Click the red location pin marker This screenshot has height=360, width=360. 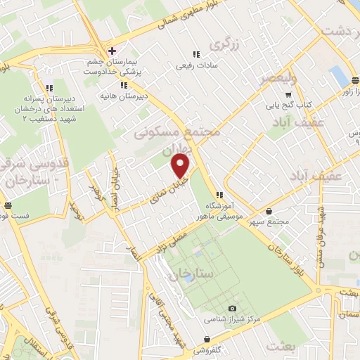coord(181,167)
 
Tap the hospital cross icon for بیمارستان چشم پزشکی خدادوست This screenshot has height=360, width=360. coord(112,51)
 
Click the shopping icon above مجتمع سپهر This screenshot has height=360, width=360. coord(270,211)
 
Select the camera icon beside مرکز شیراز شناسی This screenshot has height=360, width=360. coord(233,308)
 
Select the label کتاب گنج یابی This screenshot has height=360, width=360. coord(288,105)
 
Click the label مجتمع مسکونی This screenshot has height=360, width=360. coord(190,132)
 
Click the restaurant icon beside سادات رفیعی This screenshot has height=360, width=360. coord(196,54)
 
